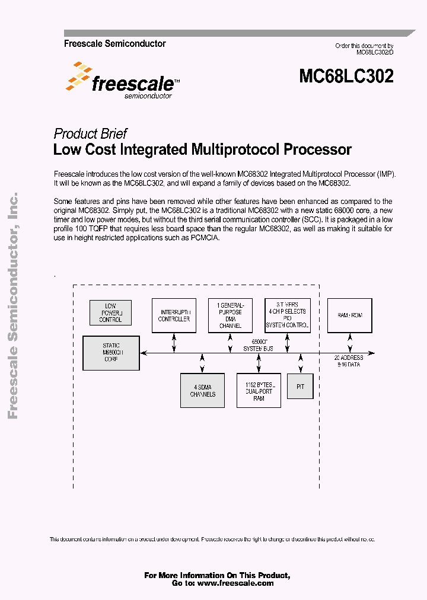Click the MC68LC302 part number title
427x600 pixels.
click(346, 76)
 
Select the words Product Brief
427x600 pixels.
click(90, 133)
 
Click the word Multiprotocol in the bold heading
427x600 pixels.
click(235, 149)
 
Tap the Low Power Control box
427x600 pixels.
click(110, 313)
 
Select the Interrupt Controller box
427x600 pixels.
click(174, 315)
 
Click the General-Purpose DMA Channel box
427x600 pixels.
click(230, 315)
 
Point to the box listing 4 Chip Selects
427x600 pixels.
click(287, 316)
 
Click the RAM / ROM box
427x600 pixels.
click(350, 315)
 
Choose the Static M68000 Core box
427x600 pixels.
click(111, 353)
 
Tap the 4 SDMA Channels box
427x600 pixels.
click(202, 390)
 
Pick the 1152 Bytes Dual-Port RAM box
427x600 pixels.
click(259, 391)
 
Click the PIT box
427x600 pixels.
click(299, 386)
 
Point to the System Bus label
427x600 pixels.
click(259, 348)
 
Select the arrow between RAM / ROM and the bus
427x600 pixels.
click(349, 343)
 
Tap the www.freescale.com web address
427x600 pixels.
click(235, 583)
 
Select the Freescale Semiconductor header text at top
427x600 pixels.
click(114, 44)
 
